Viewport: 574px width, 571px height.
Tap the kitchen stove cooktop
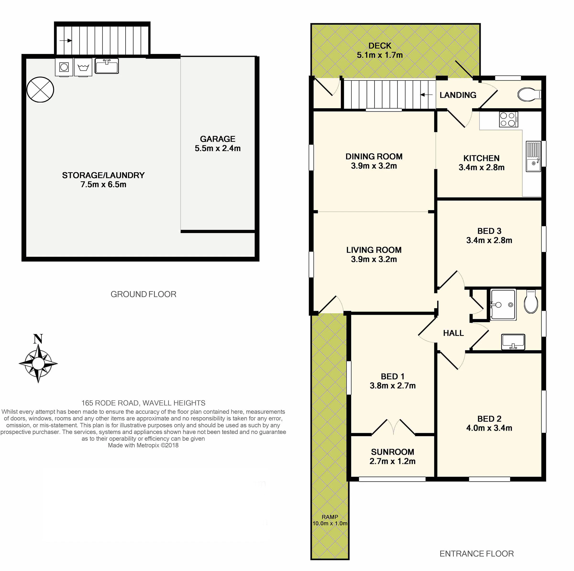pos(508,119)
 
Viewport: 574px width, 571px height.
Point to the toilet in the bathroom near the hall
pos(531,302)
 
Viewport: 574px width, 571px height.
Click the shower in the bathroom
pos(503,305)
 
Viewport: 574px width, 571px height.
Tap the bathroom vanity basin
pos(513,342)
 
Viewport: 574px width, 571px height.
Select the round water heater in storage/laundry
pos(40,90)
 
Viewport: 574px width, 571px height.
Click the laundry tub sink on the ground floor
pos(107,66)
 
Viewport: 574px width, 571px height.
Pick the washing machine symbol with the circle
pos(64,67)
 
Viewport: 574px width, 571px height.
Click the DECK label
pos(380,46)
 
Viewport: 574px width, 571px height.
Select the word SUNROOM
pos(392,452)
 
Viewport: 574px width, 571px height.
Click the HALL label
pos(453,333)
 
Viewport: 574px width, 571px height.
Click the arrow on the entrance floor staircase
pos(426,95)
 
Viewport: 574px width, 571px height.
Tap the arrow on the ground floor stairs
pos(66,41)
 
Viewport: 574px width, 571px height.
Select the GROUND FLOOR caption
pos(143,294)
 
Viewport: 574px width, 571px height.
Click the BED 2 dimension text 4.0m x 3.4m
pos(489,428)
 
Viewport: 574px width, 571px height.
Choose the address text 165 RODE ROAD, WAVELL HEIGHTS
pos(143,403)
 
